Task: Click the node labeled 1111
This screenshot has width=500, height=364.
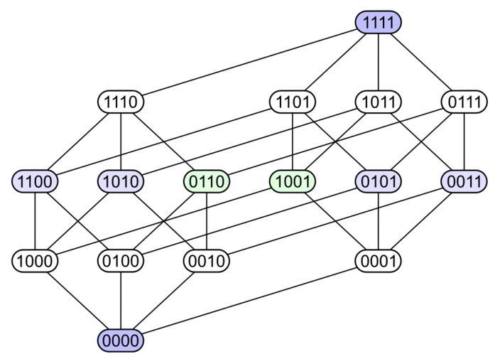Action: tap(379, 22)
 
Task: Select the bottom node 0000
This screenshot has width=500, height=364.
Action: tap(121, 341)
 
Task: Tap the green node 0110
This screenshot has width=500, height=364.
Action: tap(207, 182)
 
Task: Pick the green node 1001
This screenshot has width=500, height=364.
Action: tap(293, 182)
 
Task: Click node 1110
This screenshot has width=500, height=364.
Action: tap(121, 102)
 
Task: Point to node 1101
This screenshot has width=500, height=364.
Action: tap(293, 102)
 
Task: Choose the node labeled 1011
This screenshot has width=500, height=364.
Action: tap(379, 102)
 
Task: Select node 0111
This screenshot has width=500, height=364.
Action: tap(464, 102)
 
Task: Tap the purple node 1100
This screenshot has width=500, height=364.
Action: tap(35, 182)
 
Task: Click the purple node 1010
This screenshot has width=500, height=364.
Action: tap(121, 182)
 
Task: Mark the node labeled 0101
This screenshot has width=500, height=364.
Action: tap(379, 182)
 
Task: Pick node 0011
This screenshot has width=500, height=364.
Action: tap(464, 182)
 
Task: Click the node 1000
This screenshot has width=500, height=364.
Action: tap(35, 262)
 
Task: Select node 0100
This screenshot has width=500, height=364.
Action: tap(121, 262)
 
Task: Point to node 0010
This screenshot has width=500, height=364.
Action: tap(207, 262)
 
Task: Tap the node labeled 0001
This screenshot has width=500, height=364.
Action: tap(379, 262)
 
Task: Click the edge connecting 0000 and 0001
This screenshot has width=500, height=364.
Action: tap(249, 301)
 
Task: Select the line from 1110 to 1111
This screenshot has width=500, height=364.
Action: tap(249, 63)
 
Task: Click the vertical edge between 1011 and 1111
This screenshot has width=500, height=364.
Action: tap(379, 63)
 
